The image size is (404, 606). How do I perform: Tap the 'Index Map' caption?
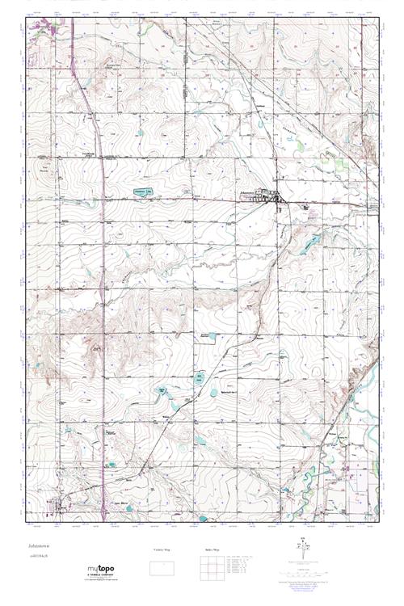(208, 550)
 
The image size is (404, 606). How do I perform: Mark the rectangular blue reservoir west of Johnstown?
(143, 192)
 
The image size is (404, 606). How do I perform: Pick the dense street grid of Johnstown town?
(271, 196)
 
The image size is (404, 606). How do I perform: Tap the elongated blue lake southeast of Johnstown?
(311, 242)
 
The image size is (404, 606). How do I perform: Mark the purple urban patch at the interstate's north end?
(44, 31)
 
